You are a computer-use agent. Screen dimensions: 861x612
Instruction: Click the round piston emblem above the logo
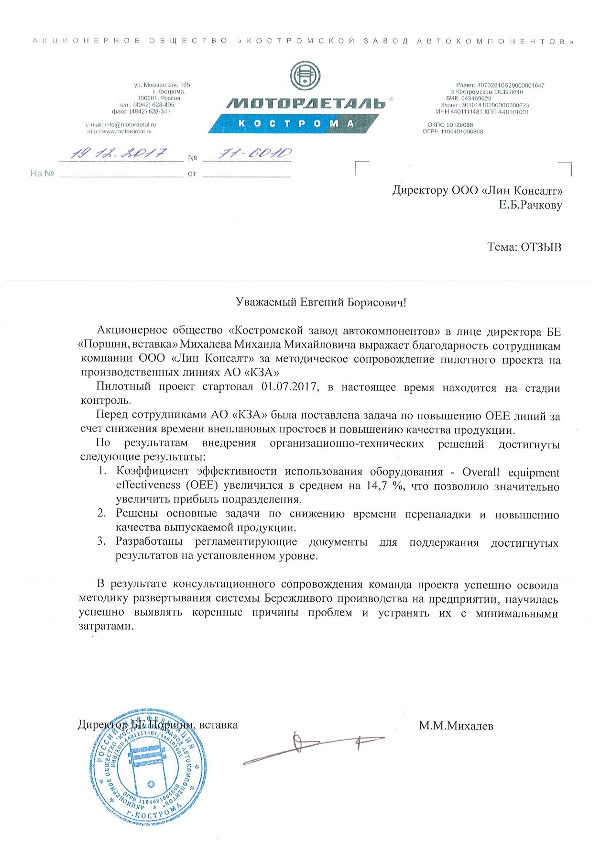306,76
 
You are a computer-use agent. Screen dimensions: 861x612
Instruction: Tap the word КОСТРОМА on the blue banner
296,123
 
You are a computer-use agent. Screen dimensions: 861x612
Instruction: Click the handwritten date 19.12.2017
119,154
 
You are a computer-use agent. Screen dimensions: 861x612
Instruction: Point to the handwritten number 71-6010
254,153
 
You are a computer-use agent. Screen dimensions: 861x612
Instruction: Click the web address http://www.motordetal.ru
120,131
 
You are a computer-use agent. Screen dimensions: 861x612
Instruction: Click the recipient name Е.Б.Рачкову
530,205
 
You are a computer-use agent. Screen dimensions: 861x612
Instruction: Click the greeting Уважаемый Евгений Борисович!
321,302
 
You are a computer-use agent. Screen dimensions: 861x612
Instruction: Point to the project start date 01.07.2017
290,387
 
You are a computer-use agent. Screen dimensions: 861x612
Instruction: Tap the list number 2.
101,513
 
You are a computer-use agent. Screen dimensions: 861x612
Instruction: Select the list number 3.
101,541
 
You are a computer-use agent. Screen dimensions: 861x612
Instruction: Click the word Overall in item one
481,472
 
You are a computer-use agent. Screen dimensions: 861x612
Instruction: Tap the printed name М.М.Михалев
456,726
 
